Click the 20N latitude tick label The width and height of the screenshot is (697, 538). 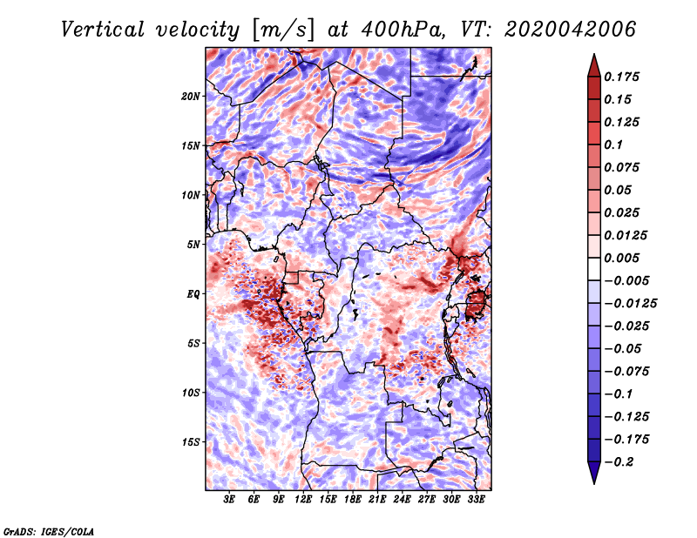coord(191,97)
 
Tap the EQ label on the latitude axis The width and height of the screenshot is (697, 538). coord(193,294)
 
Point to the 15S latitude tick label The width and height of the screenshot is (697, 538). coord(191,442)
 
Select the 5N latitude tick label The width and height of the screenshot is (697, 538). coord(193,245)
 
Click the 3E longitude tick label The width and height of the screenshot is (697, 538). coord(229,499)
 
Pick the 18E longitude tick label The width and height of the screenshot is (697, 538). coord(352,499)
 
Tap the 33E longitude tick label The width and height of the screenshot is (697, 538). coord(476,499)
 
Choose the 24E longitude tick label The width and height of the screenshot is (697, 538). coord(402,499)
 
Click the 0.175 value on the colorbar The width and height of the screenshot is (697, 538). coord(621,77)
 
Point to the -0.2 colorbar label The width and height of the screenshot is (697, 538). coord(619,462)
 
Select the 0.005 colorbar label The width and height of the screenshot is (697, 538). coord(621,258)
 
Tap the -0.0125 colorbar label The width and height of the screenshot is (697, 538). coord(630,304)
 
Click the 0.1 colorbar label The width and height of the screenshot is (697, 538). coord(613,145)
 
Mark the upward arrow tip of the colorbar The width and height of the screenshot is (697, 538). coord(594,54)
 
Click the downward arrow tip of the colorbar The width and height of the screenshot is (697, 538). coord(594,483)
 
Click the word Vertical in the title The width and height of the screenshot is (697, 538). coord(102,30)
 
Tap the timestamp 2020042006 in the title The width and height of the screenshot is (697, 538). coord(571,30)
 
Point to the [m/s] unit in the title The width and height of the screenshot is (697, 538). coord(283,30)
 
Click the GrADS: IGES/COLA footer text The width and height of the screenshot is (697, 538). coord(49,531)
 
